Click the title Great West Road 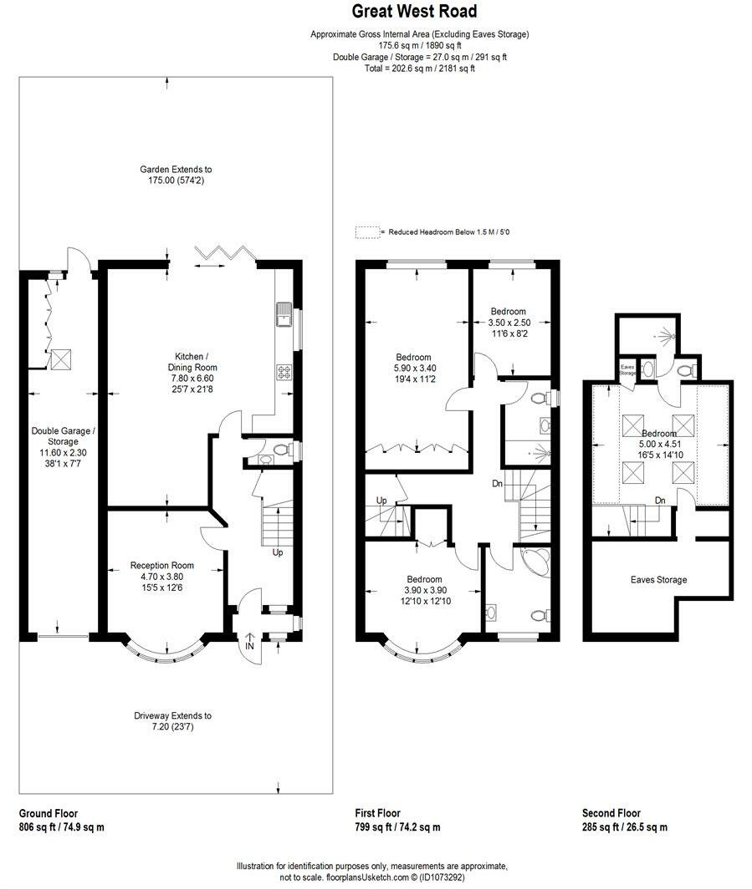(414, 12)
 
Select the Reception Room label (151, 566)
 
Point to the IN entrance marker (249, 646)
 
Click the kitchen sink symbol (282, 316)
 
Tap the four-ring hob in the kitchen (283, 373)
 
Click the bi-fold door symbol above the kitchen (223, 252)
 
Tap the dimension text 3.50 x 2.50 (509, 323)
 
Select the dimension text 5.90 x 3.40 (414, 369)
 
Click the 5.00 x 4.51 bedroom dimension (659, 445)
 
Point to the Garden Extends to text (176, 170)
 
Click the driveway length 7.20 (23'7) (173, 727)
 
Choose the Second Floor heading (611, 813)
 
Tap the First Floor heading (378, 813)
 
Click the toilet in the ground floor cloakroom (279, 450)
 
